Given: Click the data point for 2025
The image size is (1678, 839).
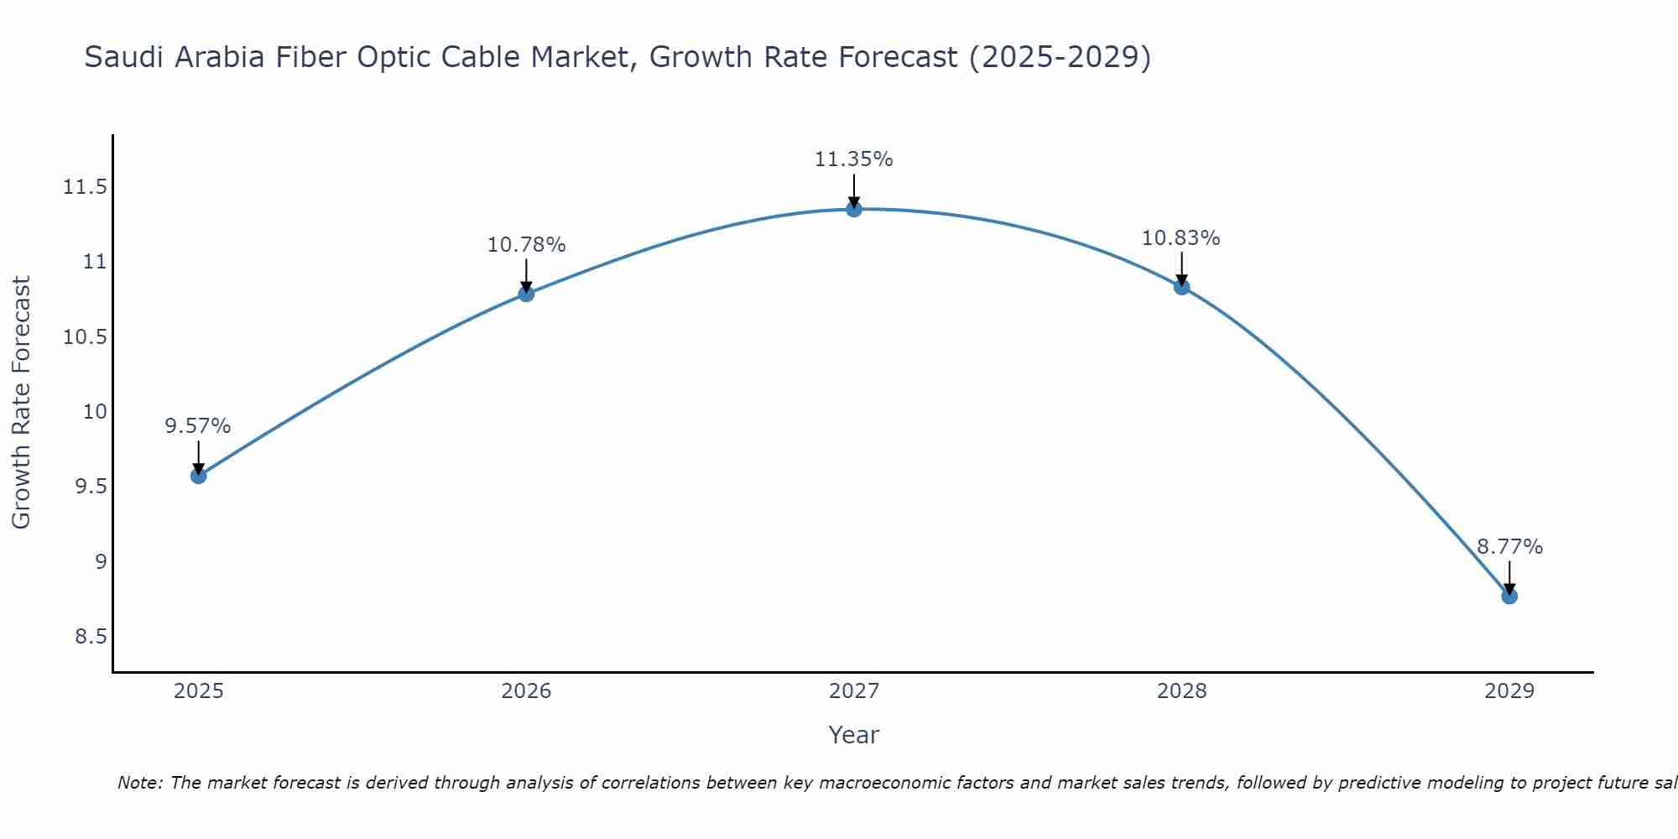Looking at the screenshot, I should pos(198,476).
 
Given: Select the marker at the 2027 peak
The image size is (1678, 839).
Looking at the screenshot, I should pos(853,209).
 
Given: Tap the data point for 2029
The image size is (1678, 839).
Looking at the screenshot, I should pos(1509,596).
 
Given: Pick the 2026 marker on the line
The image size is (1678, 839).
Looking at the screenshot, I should pos(526,294).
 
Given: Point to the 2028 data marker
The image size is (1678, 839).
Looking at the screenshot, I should pos(1181,287).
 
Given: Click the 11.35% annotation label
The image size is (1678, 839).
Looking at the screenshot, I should pos(853,159).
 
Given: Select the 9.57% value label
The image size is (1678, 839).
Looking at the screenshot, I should pos(197,425).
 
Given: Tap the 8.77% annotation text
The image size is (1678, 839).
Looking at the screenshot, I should pos(1509,546).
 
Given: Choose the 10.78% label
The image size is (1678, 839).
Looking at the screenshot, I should pos(526,244).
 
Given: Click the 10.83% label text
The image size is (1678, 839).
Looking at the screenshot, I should pos(1180,237).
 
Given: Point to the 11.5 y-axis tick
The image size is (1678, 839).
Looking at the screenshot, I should pos(85,186).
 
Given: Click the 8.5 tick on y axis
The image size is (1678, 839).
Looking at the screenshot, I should pos(91,636).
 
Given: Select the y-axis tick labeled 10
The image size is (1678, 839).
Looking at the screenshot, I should pos(96,411).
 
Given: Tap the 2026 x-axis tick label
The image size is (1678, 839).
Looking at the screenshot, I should pos(526,690).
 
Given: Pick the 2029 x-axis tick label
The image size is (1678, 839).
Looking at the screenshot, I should pos(1509,690).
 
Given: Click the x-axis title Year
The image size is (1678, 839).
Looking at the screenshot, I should pos(853,734).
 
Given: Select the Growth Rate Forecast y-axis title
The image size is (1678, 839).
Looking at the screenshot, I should pos(21,403).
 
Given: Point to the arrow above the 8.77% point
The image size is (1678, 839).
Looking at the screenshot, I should pos(1509,577).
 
